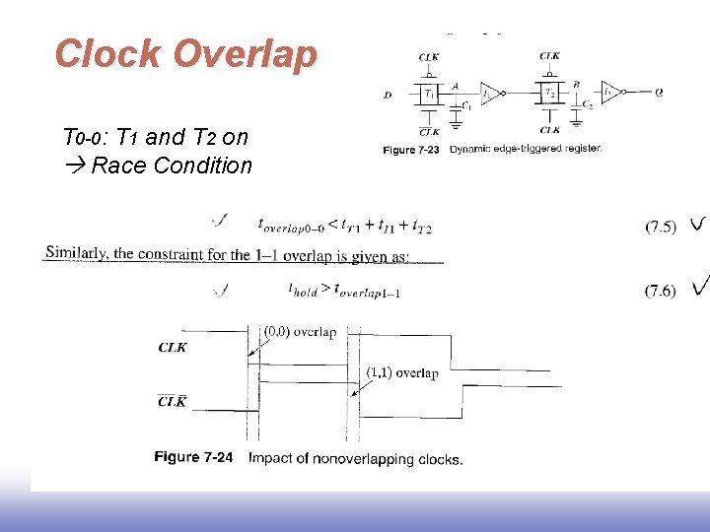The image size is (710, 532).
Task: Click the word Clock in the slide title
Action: point(109,54)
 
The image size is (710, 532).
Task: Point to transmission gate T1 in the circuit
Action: point(428,95)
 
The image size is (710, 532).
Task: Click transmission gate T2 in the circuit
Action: point(550,95)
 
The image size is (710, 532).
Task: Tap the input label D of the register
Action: point(388,96)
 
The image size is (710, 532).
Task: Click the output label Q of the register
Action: point(658,95)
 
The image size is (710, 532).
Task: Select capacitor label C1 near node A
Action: point(465,104)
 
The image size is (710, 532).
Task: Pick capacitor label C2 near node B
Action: point(588,104)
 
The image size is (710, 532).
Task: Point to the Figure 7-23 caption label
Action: point(411,150)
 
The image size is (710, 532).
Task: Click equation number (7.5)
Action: point(661,227)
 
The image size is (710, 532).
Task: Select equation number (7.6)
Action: point(661,290)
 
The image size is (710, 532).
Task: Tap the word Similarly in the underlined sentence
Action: point(77,253)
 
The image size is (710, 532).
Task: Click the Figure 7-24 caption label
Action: point(193,458)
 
